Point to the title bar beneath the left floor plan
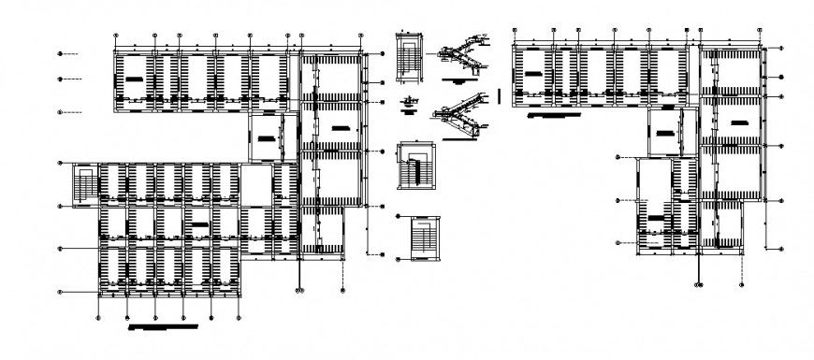click(x=164, y=328)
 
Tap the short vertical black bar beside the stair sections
click(x=501, y=95)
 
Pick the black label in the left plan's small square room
click(x=269, y=137)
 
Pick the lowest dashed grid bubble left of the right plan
click(x=620, y=242)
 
